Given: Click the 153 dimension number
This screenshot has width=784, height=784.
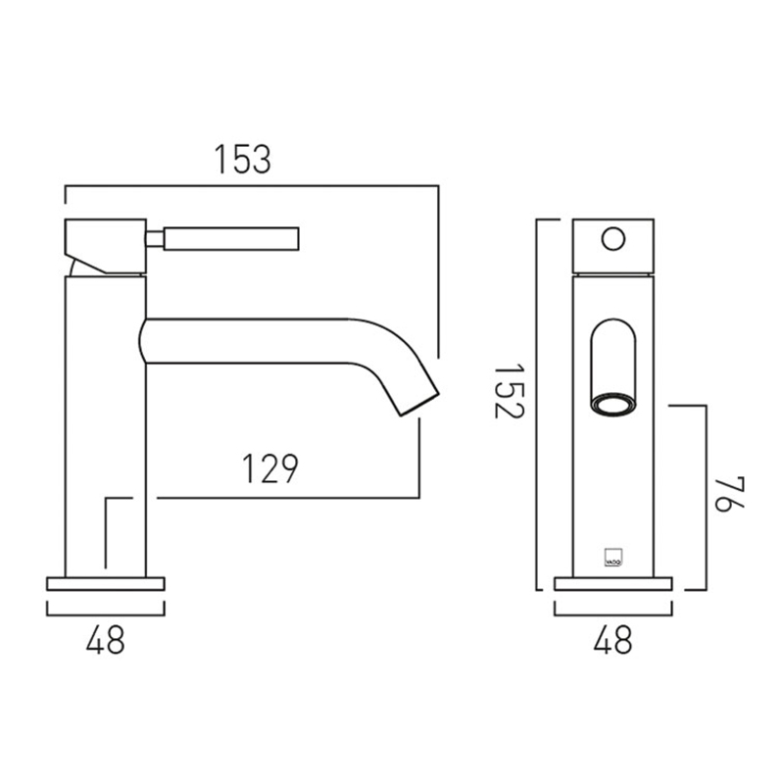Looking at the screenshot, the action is click(x=242, y=159).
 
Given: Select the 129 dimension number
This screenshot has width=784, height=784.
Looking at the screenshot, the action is click(x=270, y=468).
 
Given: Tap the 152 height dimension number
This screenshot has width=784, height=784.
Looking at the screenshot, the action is click(x=509, y=391).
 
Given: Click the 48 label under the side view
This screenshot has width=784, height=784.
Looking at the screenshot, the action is click(x=106, y=640).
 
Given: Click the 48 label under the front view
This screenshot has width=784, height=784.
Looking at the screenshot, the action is click(x=613, y=640).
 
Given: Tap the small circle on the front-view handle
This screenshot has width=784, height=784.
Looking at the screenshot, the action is click(x=613, y=239).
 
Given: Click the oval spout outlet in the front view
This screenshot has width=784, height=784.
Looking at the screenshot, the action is click(x=613, y=406).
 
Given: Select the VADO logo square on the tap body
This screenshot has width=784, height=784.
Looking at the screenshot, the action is click(x=613, y=558).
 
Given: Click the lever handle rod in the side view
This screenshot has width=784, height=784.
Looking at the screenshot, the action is click(x=231, y=239).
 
